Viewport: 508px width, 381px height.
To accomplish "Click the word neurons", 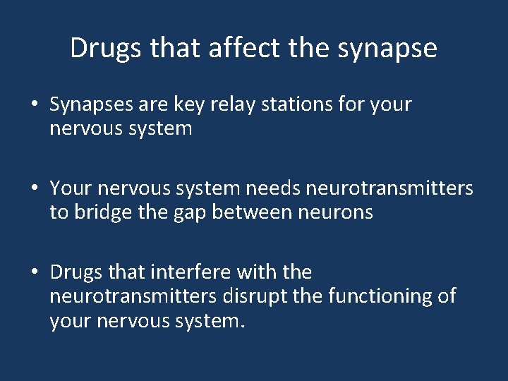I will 337,212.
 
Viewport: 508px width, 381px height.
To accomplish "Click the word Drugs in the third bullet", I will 75,272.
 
